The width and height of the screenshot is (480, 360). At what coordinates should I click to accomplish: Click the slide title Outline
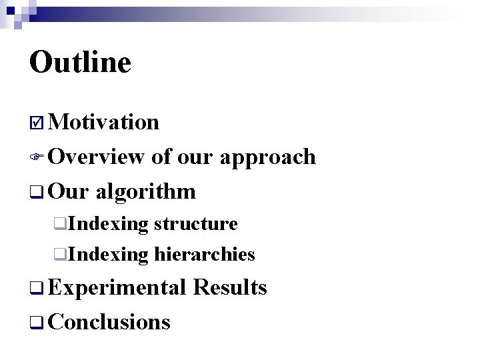click(x=80, y=63)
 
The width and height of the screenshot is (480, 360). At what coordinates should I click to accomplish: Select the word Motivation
click(x=104, y=123)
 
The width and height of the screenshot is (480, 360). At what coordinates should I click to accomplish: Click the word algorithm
click(x=145, y=192)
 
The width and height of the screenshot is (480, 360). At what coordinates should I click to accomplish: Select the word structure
click(x=195, y=224)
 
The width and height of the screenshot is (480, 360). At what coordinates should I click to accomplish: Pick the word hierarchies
click(x=204, y=255)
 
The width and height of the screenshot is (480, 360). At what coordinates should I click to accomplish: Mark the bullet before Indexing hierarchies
click(x=60, y=255)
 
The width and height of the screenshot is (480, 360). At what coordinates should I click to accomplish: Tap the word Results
click(x=229, y=287)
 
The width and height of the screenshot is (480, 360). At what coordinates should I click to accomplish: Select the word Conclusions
click(x=109, y=323)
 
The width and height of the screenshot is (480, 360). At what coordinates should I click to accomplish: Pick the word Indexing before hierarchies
click(x=108, y=255)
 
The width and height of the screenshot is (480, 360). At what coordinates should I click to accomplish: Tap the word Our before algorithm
click(x=69, y=192)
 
